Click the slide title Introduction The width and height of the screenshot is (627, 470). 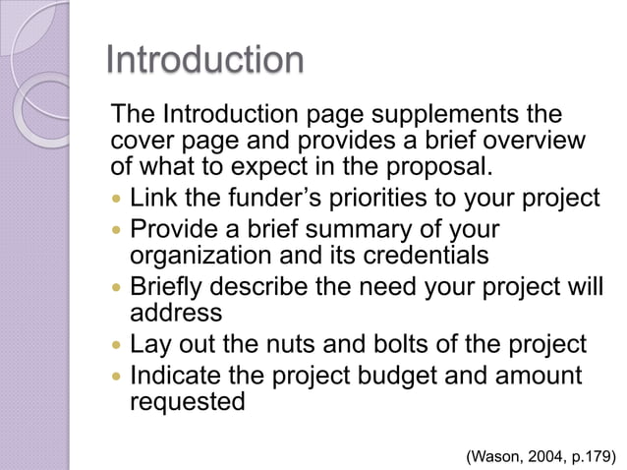click(204, 61)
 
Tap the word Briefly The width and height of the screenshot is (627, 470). click(174, 290)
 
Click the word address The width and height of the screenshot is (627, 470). click(177, 315)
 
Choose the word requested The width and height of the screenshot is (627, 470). click(188, 403)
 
